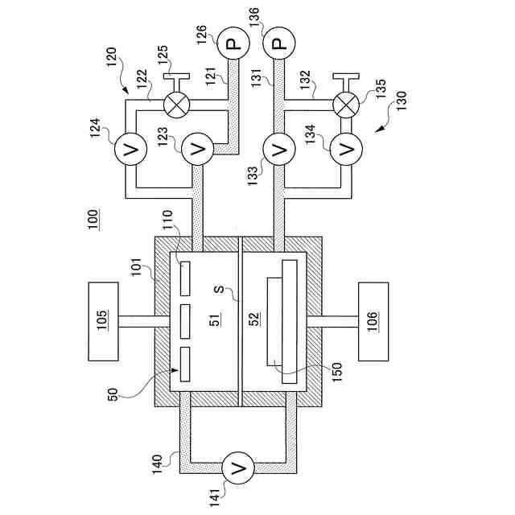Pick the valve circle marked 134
tap(347, 149)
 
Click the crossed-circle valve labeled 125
tap(173, 104)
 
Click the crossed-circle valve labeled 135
tap(347, 104)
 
